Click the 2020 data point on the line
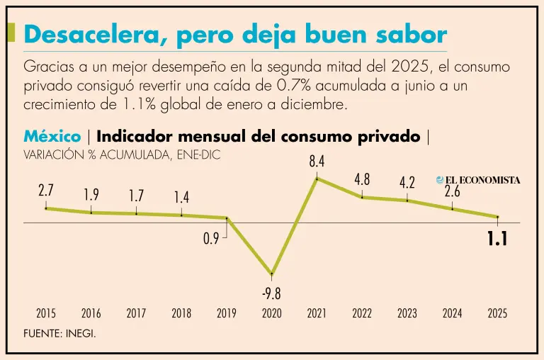point(272,274)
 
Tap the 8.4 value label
point(317,162)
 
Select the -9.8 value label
point(272,293)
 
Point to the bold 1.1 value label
point(497,240)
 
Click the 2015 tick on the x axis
point(46,313)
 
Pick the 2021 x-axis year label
point(317,313)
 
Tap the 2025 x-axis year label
point(497,313)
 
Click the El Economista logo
point(478,180)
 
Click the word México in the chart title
point(52,136)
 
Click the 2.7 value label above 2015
point(46,191)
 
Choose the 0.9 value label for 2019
point(211,239)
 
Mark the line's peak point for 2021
point(317,178)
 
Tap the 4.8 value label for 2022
point(362,180)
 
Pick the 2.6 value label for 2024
point(453,191)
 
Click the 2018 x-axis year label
point(181,313)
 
